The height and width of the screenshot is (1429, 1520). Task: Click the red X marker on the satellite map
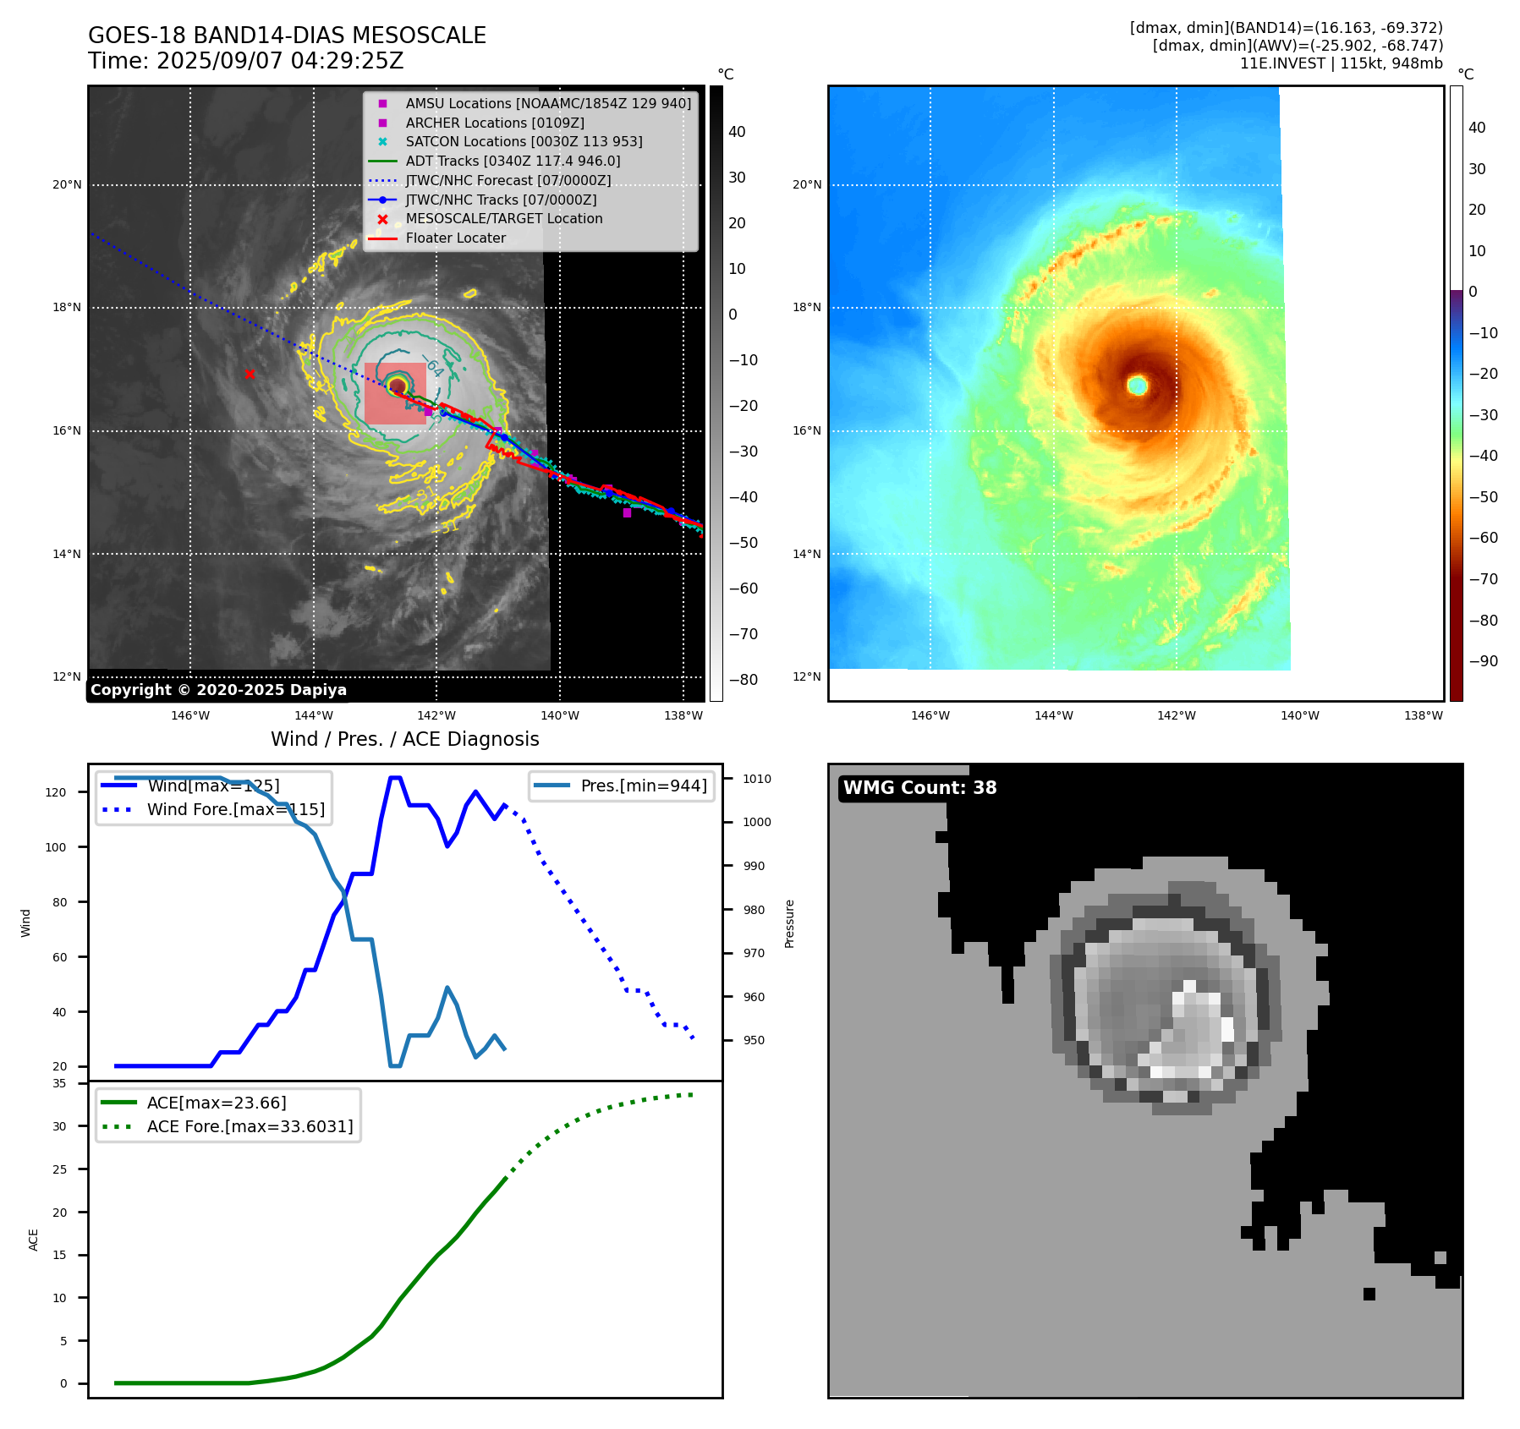pos(250,374)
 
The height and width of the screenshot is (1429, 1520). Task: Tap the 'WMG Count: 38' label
pos(919,788)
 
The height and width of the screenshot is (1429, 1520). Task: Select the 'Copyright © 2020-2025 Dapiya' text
pos(218,690)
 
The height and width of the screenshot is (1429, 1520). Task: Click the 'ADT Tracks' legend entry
pos(513,161)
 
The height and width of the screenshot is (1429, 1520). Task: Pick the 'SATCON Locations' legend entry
pos(524,141)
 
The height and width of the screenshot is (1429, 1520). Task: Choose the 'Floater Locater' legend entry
pos(455,238)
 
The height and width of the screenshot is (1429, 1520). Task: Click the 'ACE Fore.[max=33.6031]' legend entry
pos(250,1126)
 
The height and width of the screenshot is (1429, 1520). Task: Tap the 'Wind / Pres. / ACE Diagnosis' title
pos(404,739)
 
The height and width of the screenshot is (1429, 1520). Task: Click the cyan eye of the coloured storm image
pos(1138,386)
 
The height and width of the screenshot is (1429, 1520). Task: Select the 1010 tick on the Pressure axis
pos(757,779)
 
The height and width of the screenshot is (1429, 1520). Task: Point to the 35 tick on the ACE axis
pos(59,1083)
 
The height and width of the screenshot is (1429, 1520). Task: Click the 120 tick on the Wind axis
pos(55,792)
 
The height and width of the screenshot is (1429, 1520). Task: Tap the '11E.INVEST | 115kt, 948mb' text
pos(1341,63)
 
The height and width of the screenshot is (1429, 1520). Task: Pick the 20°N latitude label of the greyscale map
pos(68,185)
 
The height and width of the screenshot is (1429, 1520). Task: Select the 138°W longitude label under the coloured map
pos(1423,715)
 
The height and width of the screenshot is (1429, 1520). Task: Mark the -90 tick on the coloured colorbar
pos(1483,661)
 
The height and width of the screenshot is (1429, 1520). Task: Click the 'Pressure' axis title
pos(790,923)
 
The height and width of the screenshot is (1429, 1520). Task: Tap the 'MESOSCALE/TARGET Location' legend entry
pos(503,218)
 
